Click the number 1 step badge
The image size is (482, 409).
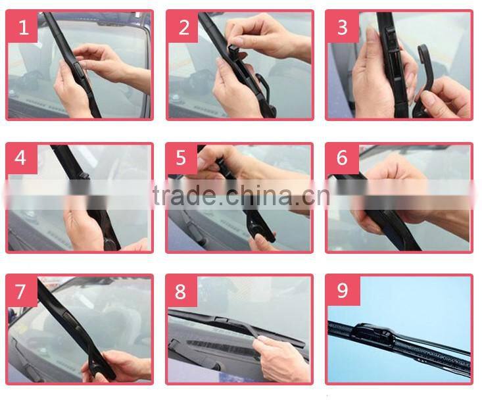point(23,27)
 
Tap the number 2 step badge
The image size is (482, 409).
point(183,27)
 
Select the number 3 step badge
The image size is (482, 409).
point(342,27)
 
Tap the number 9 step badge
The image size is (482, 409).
point(342,290)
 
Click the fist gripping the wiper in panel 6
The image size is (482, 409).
point(395,191)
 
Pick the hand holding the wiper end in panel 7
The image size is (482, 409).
point(115,365)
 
